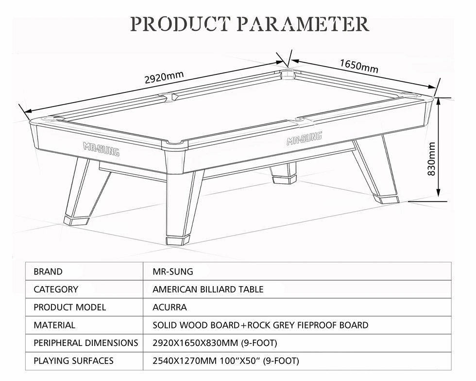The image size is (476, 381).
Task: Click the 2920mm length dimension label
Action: [x=164, y=77]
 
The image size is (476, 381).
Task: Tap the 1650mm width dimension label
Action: [x=359, y=66]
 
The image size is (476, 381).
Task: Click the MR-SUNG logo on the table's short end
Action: [x=101, y=149]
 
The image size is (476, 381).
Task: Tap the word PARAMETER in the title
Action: [x=303, y=24]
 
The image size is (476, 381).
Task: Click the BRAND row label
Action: [x=48, y=272]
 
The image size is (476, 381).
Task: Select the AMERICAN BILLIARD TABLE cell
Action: [x=208, y=289]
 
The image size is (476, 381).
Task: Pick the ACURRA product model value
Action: [x=170, y=307]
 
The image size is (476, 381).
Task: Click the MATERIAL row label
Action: [x=54, y=325]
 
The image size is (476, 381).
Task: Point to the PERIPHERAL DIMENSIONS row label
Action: [x=86, y=343]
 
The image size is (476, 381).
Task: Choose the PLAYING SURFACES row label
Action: [x=73, y=361]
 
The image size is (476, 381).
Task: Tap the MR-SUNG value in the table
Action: [x=173, y=272]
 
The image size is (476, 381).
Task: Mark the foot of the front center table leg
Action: [x=178, y=240]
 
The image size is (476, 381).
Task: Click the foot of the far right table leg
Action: [x=386, y=199]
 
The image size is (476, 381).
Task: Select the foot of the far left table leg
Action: [x=76, y=220]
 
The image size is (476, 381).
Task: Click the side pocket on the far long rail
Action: [x=168, y=96]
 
